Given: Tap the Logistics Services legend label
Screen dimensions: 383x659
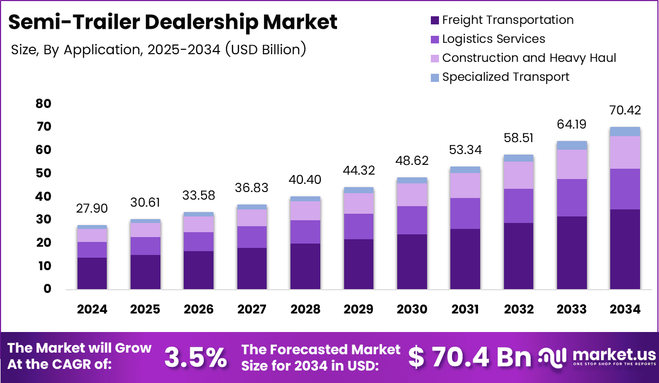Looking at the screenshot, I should tap(493, 39).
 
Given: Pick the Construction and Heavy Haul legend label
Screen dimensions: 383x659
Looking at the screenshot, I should tap(529, 58).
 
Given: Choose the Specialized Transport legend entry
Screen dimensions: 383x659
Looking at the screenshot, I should tap(505, 77).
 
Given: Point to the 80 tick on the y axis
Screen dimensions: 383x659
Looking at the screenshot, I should tap(44, 104).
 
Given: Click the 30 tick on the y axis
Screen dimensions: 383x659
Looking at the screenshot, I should tap(44, 220).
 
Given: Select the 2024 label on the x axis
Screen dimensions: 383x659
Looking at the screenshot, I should tap(92, 309).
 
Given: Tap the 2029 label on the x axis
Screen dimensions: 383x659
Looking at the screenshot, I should tap(358, 309).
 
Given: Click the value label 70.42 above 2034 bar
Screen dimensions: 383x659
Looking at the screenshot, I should tap(625, 111).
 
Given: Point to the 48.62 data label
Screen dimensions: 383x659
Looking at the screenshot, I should tap(412, 161).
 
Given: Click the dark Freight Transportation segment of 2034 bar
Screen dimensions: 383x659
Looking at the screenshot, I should tap(625, 249).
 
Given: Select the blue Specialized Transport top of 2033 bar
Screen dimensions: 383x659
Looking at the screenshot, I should tap(572, 145).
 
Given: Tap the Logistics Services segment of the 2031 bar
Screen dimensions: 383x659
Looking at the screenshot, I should tap(465, 213).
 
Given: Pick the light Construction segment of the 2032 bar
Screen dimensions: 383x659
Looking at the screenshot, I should tap(518, 175).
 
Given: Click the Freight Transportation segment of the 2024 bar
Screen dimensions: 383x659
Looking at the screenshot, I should tap(92, 273).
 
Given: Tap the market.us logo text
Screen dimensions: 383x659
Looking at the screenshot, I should tap(614, 355).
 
